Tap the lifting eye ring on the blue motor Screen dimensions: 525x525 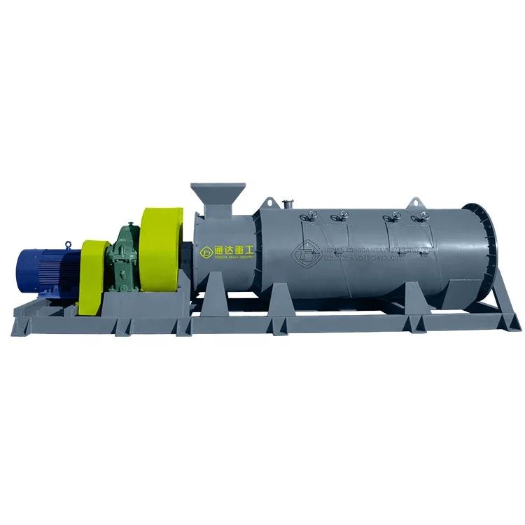(x=68, y=244)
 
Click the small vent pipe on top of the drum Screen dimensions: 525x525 (x=286, y=204)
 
